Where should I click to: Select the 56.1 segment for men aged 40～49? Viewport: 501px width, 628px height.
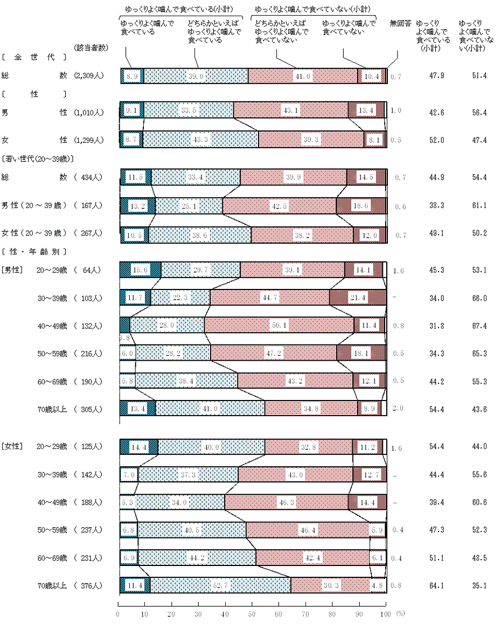pos(279,326)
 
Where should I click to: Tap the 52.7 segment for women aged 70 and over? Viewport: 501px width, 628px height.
pos(221,585)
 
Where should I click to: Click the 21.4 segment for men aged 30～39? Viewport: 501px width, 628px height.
pos(358,298)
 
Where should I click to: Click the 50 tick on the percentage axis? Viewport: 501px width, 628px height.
pos(252,614)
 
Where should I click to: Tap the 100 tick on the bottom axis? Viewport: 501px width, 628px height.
pos(384,614)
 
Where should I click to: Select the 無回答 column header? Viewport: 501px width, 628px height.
pos(400,24)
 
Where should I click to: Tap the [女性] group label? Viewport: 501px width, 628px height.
pos(11,446)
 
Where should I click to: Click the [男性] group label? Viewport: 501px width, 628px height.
pos(11,270)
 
